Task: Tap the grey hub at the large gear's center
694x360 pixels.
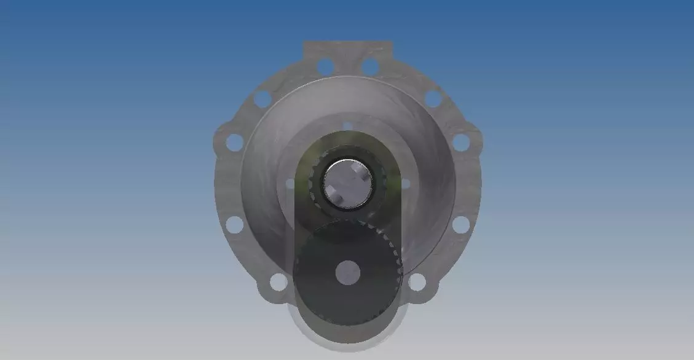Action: pos(347,272)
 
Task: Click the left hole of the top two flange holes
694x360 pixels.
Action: pos(326,66)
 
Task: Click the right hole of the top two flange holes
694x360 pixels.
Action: pos(370,66)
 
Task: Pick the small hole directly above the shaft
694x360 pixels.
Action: pos(347,126)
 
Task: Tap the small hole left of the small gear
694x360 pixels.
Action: pos(291,183)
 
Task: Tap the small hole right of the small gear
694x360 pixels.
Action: pos(405,183)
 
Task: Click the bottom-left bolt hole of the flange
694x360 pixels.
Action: pos(278,282)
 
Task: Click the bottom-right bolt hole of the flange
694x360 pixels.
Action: pos(417,282)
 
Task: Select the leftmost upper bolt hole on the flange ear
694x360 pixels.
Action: pos(234,143)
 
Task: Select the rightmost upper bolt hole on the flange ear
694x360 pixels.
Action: pos(461,143)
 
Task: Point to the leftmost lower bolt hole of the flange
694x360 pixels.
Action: pos(234,224)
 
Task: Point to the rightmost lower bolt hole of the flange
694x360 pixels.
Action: pos(461,224)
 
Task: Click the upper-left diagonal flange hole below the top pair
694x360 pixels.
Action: pos(262,99)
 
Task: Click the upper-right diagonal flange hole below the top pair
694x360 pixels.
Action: pos(433,99)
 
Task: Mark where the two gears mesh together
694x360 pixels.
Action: pos(348,219)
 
